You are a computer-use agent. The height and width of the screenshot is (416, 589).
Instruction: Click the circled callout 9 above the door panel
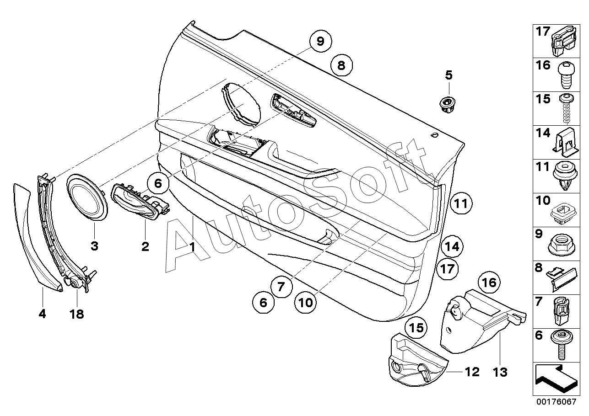coord(320,42)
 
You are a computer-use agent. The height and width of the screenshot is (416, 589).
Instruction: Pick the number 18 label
coord(77,314)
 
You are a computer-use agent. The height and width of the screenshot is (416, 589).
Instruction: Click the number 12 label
coord(472,372)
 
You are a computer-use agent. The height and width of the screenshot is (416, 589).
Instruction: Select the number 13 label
coord(501,373)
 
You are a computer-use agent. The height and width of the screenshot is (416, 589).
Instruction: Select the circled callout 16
coord(489,283)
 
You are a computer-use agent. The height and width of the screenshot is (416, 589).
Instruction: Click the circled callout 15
coord(416,328)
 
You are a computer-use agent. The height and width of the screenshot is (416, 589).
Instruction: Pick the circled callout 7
coord(281,287)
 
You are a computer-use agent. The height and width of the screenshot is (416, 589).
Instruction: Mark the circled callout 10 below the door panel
coord(306,302)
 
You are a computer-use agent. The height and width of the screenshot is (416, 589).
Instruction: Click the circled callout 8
coord(341,65)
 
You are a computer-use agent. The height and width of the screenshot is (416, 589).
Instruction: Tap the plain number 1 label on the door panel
coord(193,247)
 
